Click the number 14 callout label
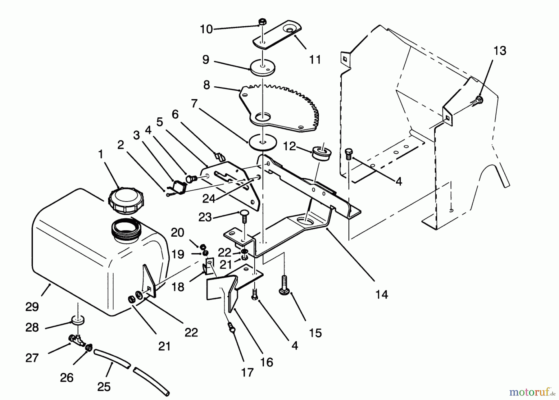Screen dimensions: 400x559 click(x=382, y=294)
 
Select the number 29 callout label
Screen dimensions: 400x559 click(x=32, y=307)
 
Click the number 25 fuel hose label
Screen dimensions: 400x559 click(x=104, y=387)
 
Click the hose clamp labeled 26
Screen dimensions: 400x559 click(x=89, y=348)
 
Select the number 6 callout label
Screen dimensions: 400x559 click(x=175, y=115)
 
